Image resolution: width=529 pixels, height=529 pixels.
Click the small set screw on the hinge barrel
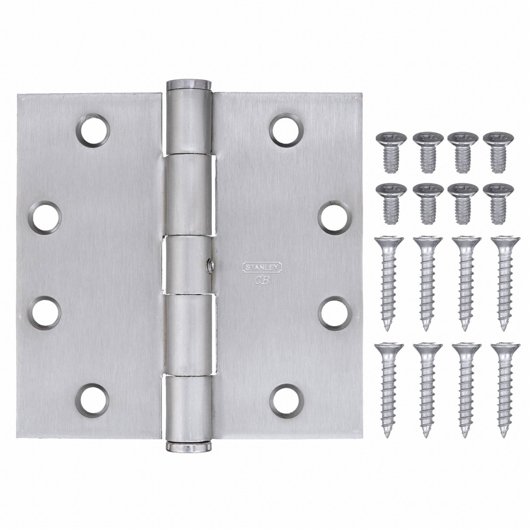coord(209,265)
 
